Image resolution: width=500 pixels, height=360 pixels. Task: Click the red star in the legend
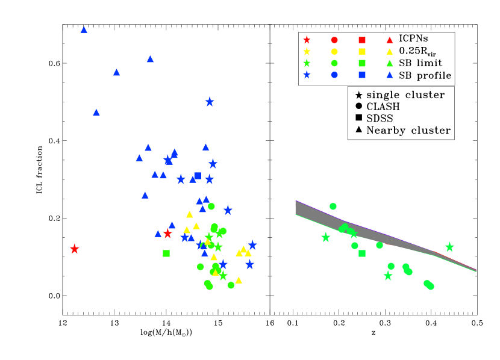click(307, 40)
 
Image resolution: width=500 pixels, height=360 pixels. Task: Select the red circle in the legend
click(334, 40)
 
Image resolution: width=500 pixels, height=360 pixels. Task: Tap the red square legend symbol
click(362, 40)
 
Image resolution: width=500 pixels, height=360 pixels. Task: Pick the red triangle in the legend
click(390, 40)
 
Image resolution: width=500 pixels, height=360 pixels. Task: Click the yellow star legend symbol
click(307, 51)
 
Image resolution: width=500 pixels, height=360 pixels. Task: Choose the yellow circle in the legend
click(334, 51)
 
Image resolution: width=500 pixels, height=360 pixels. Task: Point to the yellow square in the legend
click(362, 51)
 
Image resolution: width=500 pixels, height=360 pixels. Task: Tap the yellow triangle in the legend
click(390, 52)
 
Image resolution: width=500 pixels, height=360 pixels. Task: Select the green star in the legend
click(307, 63)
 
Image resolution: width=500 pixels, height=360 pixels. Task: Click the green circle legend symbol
click(334, 63)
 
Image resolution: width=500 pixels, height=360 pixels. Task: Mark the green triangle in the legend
click(390, 63)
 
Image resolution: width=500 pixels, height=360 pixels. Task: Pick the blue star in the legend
click(307, 75)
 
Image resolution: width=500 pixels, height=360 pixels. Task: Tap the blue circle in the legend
click(334, 75)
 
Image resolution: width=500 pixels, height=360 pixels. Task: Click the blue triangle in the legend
click(390, 75)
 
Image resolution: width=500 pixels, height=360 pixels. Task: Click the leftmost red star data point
click(74, 249)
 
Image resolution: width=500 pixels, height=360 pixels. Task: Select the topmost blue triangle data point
click(84, 29)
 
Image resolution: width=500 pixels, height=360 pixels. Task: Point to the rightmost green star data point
click(449, 247)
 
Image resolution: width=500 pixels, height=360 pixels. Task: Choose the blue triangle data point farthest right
click(206, 199)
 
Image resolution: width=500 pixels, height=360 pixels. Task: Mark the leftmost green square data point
click(166, 253)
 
